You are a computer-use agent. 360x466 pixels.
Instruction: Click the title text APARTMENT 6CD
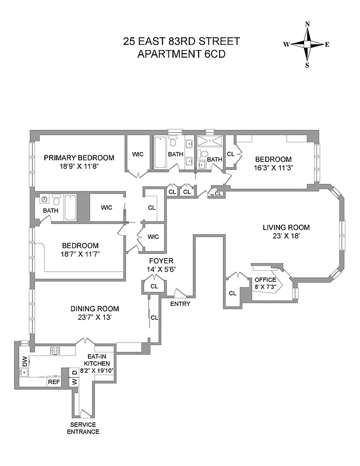coord(181,55)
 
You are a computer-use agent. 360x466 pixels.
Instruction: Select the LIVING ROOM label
coord(285,228)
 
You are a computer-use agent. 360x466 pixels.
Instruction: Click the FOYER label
coord(161,260)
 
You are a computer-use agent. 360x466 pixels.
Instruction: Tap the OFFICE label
coord(265,280)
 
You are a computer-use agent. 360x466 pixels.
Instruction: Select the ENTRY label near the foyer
coord(180,304)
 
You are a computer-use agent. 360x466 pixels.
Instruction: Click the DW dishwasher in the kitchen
coord(24,361)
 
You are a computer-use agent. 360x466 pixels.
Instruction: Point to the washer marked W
coord(75,382)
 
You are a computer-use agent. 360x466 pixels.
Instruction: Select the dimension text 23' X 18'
coord(285,237)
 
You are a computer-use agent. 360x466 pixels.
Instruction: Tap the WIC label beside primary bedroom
coord(138,154)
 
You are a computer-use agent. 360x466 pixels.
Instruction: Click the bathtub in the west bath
coord(70,208)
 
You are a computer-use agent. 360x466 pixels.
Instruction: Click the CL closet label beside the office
coord(232,293)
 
